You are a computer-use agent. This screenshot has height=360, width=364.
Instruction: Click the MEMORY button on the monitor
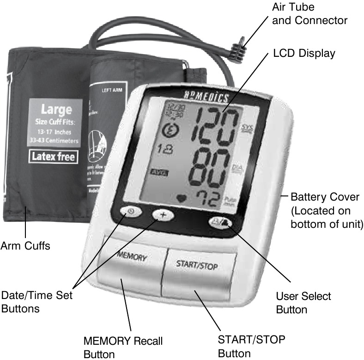[132, 257]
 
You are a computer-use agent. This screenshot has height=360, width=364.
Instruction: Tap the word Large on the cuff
[56, 110]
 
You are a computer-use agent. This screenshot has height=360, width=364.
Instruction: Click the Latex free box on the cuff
[53, 156]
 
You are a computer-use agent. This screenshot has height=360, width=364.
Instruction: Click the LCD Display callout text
[303, 53]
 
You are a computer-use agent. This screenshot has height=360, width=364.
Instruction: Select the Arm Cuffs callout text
[25, 245]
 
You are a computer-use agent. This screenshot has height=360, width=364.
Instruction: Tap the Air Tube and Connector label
[309, 14]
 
